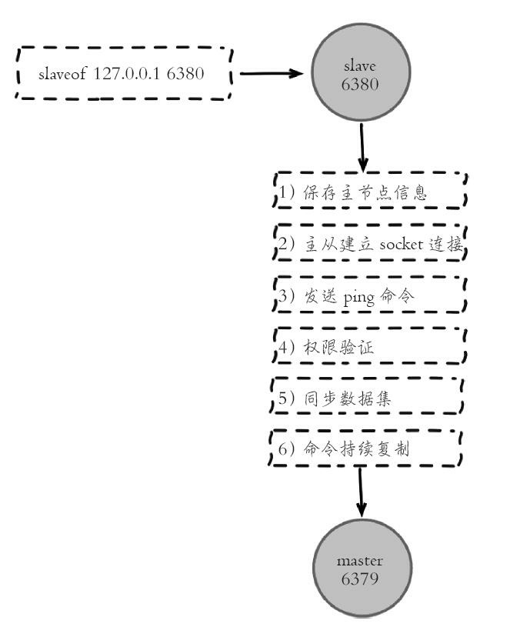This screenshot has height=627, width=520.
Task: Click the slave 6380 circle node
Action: point(359,75)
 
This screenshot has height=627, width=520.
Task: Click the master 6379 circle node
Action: point(359,570)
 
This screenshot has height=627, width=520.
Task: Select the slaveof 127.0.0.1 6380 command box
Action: point(124,74)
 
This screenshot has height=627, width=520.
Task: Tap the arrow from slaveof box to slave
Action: point(272,74)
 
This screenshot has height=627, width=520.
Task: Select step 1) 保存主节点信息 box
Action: point(370,192)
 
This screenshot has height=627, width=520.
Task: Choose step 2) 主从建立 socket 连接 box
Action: point(370,244)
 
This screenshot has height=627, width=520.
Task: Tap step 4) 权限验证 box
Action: point(370,347)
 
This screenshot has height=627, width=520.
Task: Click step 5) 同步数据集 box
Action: point(368,399)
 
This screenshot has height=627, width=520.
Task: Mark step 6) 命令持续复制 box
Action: point(366,449)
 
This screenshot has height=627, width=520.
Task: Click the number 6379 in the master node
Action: point(359,579)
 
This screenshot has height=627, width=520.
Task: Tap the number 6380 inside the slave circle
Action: point(359,84)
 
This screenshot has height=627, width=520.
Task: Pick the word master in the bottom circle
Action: point(359,561)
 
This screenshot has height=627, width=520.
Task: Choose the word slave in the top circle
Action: point(359,66)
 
